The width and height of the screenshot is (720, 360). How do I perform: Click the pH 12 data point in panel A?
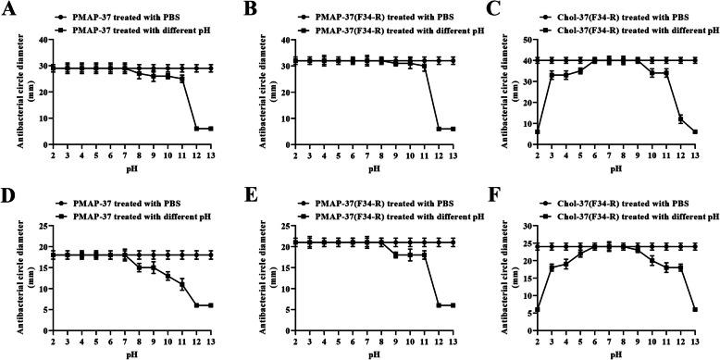[x=196, y=129]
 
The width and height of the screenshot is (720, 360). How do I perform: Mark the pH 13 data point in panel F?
[x=692, y=309]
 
